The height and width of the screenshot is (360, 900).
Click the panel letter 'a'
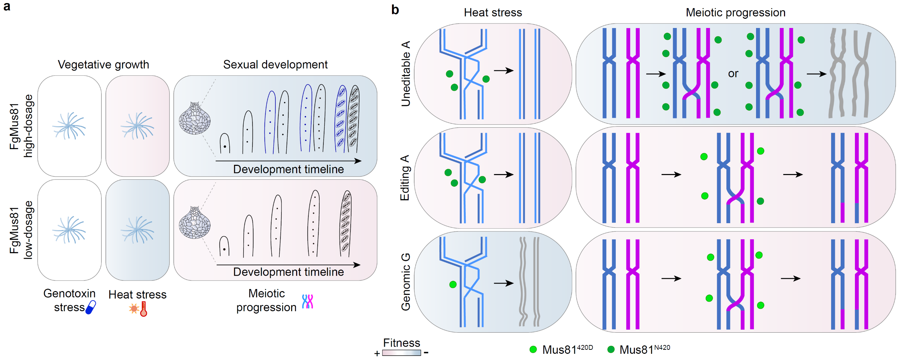click(x=6, y=6)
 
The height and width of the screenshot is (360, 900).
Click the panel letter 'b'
click(x=395, y=10)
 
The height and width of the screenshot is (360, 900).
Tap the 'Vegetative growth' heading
click(x=103, y=64)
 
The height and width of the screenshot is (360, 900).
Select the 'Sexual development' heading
click(x=275, y=64)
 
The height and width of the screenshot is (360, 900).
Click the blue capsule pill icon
click(x=91, y=307)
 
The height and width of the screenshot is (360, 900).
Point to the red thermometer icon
click(x=143, y=309)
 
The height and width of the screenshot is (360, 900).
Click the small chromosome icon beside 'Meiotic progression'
click(x=307, y=301)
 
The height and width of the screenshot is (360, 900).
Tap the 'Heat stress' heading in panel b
click(x=493, y=13)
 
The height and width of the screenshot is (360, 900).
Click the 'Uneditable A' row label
click(x=406, y=74)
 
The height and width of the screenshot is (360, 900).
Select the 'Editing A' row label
click(x=405, y=178)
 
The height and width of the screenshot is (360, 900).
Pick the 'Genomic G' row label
click(x=406, y=282)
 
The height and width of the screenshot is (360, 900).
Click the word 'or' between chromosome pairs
click(x=733, y=74)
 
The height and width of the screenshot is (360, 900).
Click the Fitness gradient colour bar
click(x=402, y=352)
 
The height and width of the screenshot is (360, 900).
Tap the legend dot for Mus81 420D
click(x=533, y=349)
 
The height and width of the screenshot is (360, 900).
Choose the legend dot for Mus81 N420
click(x=611, y=349)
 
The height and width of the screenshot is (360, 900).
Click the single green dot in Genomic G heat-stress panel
click(x=453, y=285)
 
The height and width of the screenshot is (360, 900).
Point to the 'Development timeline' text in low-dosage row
click(x=288, y=272)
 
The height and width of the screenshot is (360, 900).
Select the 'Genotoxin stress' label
click(x=69, y=300)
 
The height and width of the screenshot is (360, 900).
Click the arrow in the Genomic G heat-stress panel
click(x=504, y=283)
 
